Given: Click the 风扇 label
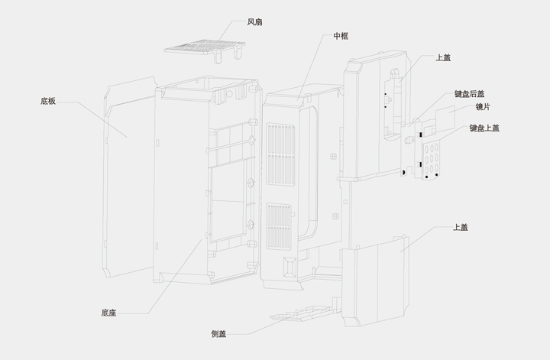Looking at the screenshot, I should (256, 22).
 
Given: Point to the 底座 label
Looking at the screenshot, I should (108, 313).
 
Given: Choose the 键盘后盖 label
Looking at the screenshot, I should (470, 94).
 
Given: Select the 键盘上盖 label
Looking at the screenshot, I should (484, 128).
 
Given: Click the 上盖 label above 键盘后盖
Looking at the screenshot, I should (442, 57).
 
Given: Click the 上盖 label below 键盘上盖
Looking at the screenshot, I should (461, 227).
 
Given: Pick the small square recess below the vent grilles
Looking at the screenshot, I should (289, 267).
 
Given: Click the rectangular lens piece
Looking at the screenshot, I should (445, 119).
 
